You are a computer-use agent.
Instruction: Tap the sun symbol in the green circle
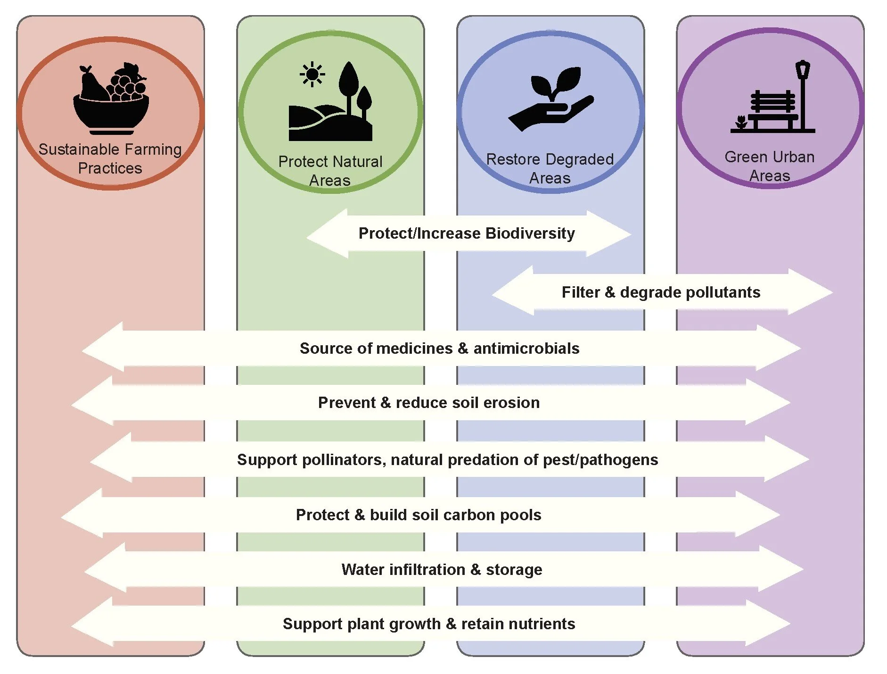pos(312,75)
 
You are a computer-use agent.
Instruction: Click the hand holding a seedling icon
pos(551,100)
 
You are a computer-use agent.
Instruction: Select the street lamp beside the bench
pos(803,94)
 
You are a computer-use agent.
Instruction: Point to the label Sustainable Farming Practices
pos(110,158)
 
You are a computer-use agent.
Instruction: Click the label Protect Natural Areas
pos(330,170)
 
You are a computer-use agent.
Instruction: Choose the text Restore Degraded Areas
pos(550,168)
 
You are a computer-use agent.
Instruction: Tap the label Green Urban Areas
pos(769,166)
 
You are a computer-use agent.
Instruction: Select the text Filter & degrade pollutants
pos(661,292)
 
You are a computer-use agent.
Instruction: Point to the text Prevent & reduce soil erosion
pos(428,402)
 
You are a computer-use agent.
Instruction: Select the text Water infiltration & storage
pos(442,569)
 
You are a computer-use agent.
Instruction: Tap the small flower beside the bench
pos(741,122)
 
